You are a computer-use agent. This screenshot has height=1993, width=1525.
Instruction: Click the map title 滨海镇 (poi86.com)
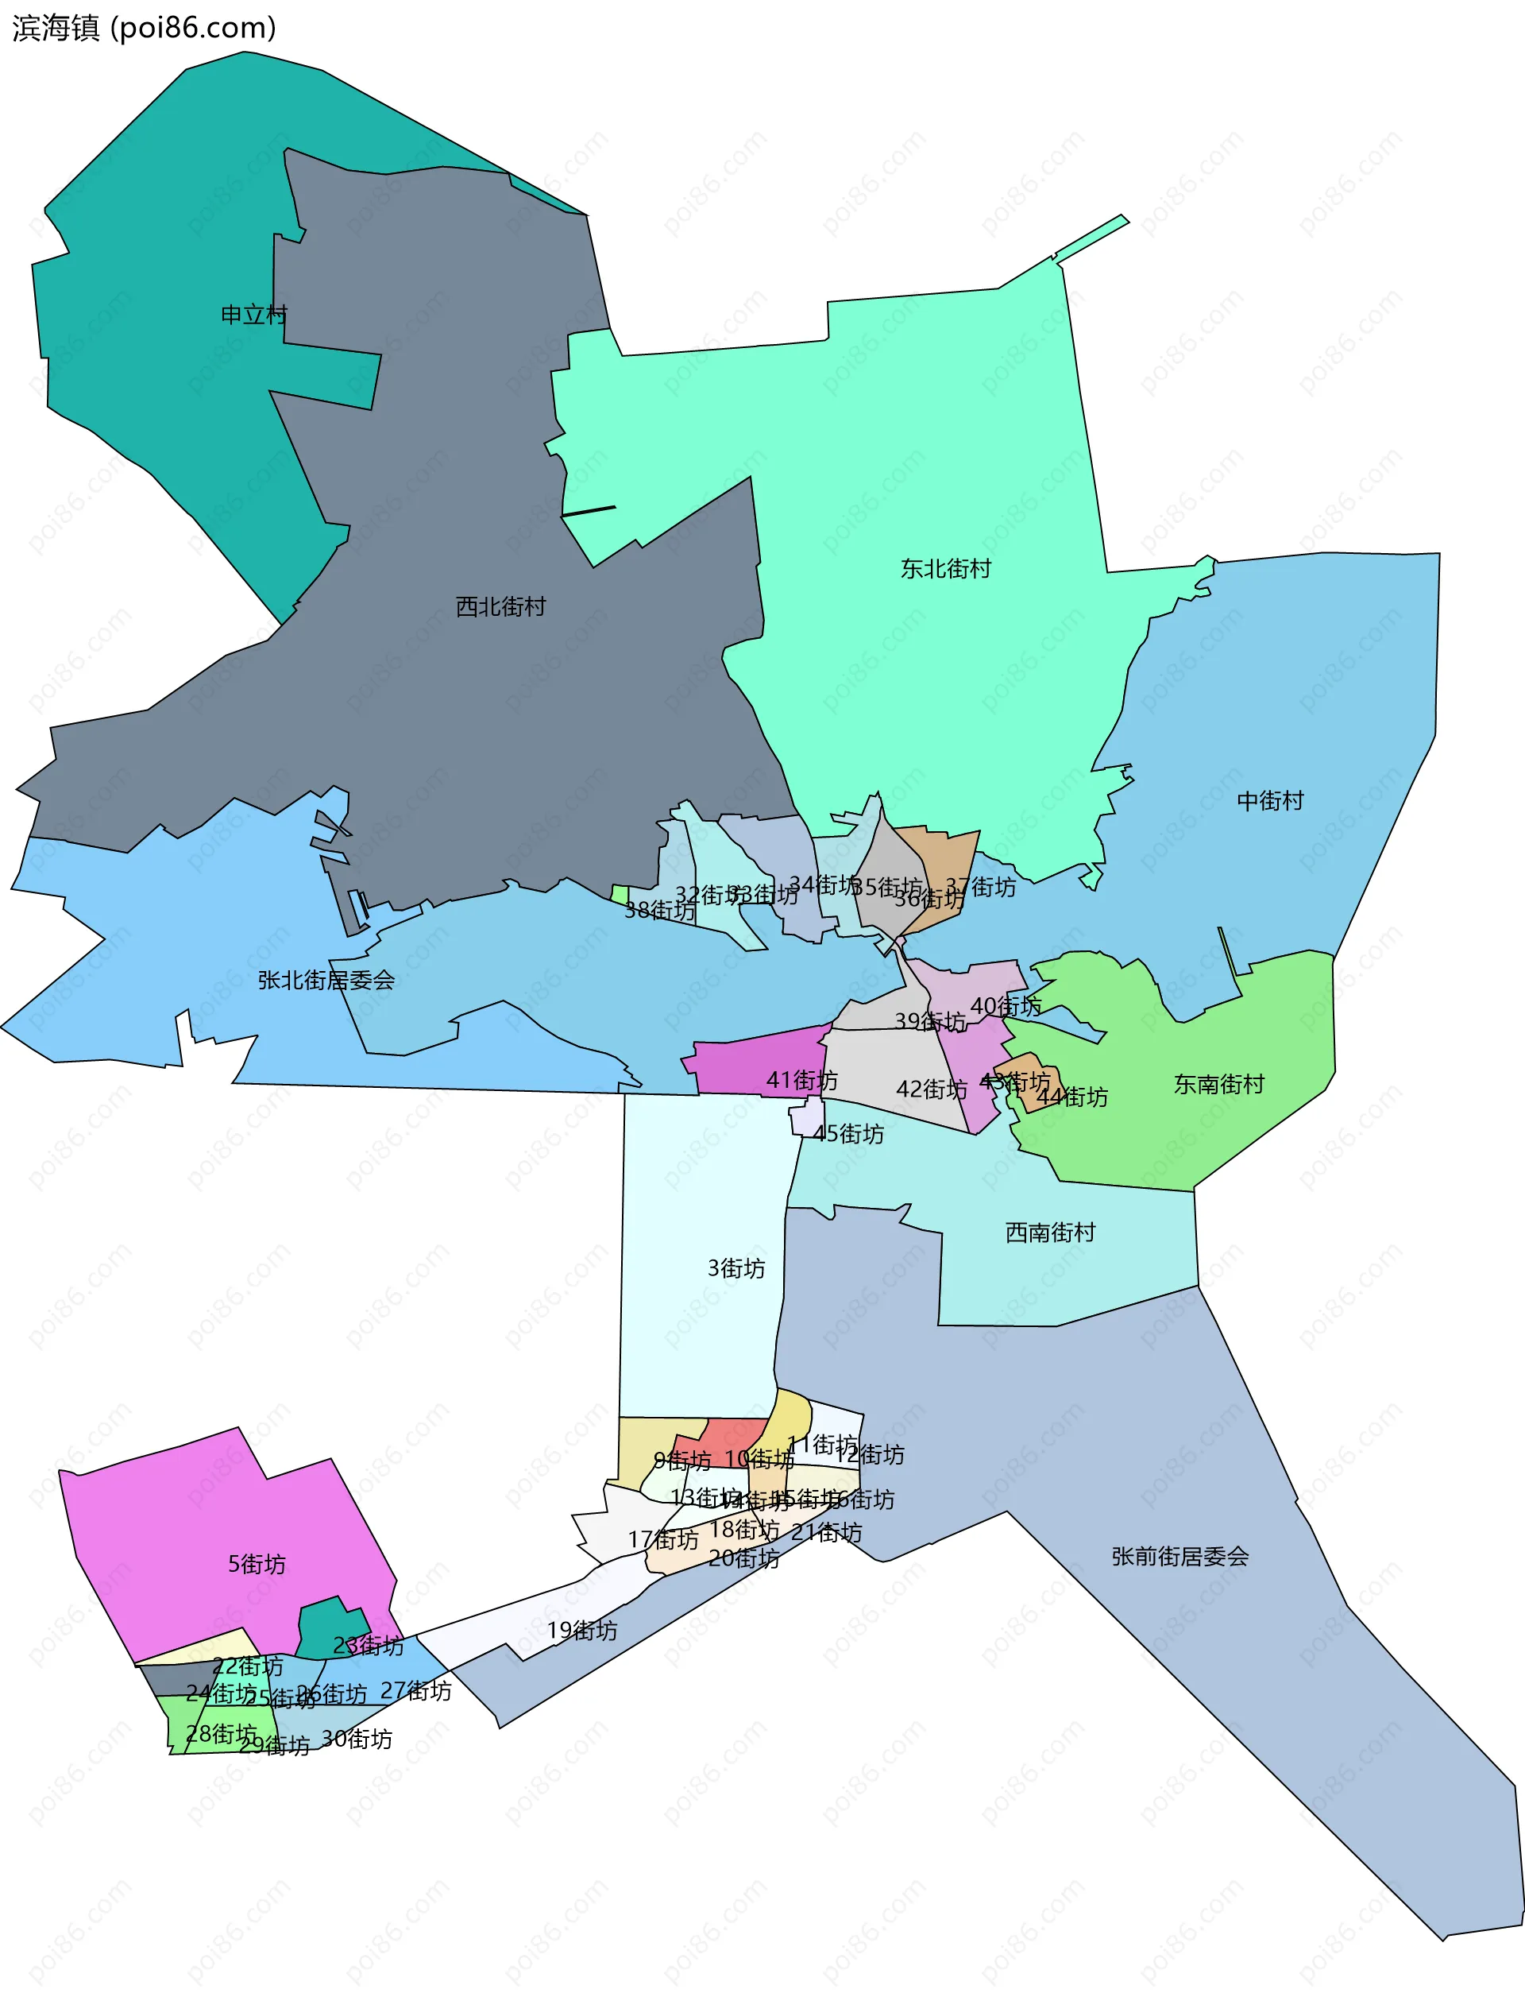144,28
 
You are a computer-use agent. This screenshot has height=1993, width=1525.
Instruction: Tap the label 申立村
254,315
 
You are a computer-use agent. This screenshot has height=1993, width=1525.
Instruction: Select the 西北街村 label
500,606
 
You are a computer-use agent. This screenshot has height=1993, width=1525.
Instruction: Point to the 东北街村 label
945,568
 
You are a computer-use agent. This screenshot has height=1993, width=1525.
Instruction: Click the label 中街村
1270,800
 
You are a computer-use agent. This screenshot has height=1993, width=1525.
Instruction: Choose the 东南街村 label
1218,1084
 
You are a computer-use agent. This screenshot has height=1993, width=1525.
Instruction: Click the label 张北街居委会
326,980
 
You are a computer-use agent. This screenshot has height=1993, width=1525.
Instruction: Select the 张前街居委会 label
1180,1556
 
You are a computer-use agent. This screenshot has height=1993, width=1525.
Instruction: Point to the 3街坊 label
736,1267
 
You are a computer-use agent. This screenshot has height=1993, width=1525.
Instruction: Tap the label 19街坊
582,1630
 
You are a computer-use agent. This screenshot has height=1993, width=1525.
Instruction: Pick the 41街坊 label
801,1080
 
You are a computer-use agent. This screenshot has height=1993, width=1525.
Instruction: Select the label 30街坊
357,1739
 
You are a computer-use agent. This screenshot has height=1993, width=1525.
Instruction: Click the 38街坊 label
660,910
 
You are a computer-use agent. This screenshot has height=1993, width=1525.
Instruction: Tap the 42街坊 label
932,1089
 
